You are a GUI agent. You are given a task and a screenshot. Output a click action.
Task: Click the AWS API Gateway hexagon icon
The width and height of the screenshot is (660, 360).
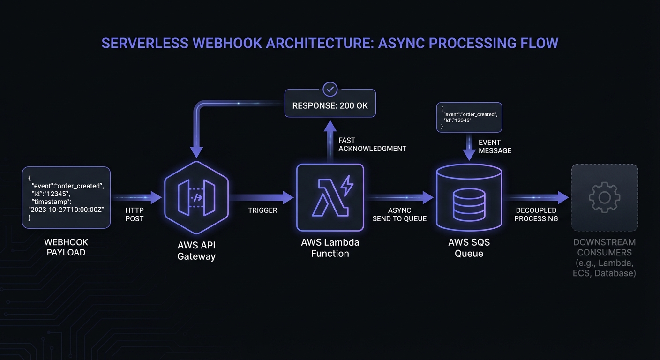(x=196, y=197)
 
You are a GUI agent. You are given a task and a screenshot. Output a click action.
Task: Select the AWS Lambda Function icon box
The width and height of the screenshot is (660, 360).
(x=330, y=197)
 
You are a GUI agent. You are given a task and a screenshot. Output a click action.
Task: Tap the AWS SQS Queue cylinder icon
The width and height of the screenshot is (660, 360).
(x=469, y=198)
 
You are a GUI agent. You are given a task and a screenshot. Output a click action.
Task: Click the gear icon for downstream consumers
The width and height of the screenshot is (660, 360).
(x=604, y=197)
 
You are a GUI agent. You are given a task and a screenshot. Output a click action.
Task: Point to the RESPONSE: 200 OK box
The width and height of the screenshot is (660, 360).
(x=330, y=105)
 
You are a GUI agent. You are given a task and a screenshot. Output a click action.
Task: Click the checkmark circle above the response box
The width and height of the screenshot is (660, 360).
(x=330, y=89)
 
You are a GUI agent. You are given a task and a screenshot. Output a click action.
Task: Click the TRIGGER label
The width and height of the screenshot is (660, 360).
(x=262, y=210)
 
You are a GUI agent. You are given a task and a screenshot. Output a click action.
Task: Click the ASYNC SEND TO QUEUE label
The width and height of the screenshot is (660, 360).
(x=399, y=215)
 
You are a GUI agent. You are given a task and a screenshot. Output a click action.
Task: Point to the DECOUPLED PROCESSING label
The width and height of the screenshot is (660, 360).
(x=536, y=215)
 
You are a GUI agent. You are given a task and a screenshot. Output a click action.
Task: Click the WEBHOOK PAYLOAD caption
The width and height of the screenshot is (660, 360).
(x=66, y=247)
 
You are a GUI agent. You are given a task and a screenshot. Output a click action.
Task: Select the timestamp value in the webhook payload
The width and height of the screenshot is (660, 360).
(x=66, y=210)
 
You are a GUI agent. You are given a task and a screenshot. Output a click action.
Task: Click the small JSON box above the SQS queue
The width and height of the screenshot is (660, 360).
(x=469, y=117)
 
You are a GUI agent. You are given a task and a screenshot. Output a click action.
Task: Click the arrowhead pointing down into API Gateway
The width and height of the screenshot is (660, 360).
(x=197, y=152)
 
